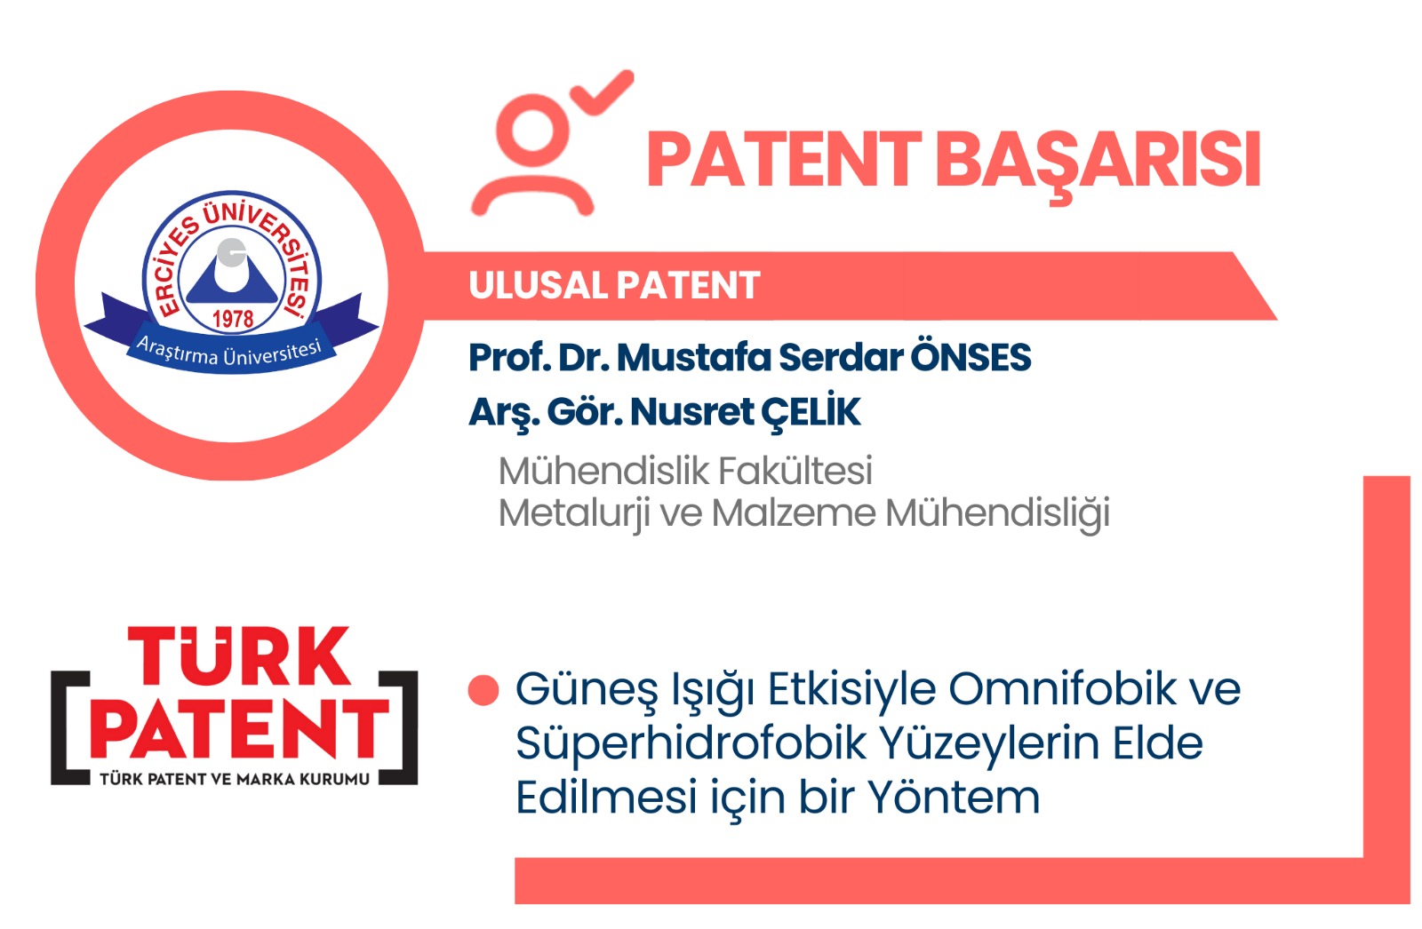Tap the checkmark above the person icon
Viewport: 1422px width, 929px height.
(x=602, y=93)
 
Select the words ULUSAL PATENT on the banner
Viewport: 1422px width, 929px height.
(x=614, y=285)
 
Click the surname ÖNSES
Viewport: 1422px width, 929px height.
(x=971, y=357)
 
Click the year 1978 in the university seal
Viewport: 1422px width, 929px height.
(x=232, y=319)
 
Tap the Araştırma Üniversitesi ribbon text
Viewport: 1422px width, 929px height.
(x=229, y=351)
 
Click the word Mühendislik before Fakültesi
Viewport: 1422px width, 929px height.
(x=603, y=471)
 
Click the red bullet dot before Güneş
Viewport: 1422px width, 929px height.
(x=483, y=690)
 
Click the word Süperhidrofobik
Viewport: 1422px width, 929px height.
(x=691, y=744)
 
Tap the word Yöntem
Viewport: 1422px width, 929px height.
(x=954, y=797)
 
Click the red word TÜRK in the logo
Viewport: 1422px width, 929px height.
(x=239, y=656)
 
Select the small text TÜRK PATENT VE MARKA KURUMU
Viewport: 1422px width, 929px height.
(x=235, y=779)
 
